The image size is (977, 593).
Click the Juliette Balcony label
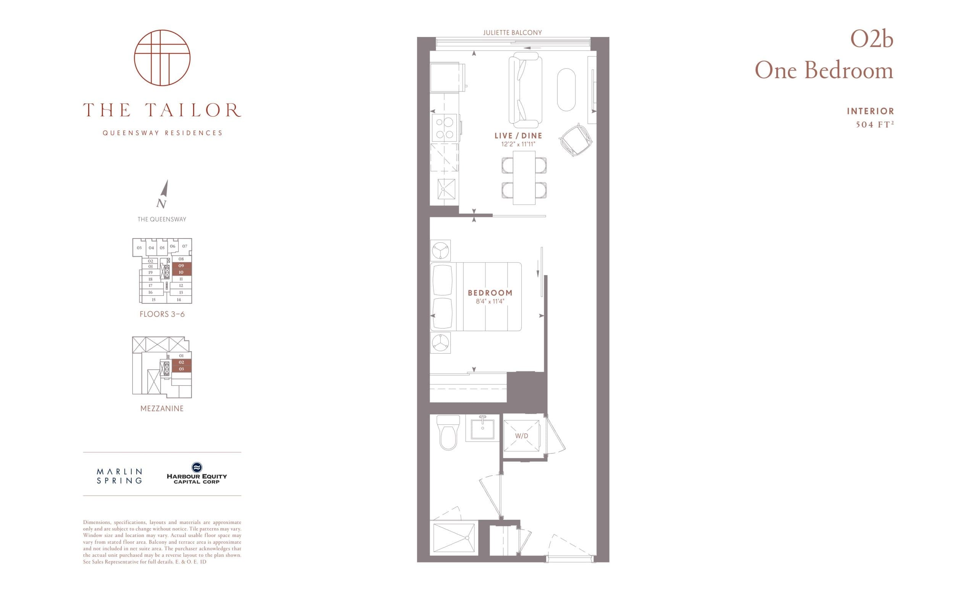coord(512,32)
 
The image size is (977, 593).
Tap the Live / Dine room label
coord(518,135)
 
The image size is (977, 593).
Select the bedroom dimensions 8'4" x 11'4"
coord(490,301)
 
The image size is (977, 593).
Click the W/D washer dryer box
coord(521,436)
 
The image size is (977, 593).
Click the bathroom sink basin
coord(482,429)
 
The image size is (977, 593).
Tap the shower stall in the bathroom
coord(454,538)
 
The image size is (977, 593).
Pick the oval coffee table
coord(566,90)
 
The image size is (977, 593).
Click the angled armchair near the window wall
coord(576,140)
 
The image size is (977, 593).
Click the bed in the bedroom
coord(476,296)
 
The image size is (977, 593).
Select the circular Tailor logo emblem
coord(162,58)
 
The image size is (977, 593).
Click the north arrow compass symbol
coord(163,194)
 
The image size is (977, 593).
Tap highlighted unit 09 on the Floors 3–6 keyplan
coord(181,266)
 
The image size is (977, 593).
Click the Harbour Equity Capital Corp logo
coord(197,473)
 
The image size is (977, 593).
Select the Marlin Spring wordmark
coord(119,476)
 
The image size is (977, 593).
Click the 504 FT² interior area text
coord(874,124)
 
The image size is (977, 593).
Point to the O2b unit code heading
coord(871,40)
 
